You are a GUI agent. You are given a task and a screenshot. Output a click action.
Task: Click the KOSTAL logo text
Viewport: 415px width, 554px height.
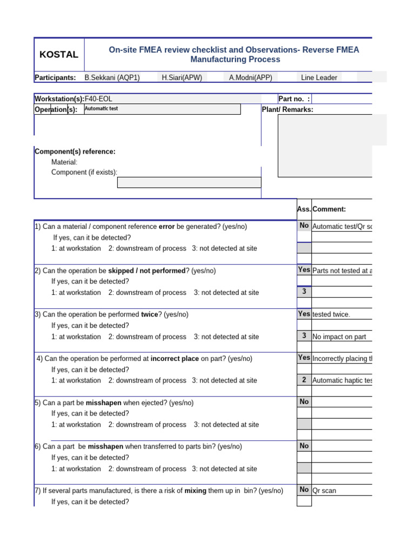[59, 55]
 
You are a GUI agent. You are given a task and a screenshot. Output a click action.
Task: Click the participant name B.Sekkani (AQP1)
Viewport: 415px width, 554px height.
[112, 77]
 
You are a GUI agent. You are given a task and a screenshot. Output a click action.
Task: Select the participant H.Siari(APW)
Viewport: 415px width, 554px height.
[182, 77]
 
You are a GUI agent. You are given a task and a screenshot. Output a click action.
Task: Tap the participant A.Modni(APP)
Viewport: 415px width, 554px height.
[250, 77]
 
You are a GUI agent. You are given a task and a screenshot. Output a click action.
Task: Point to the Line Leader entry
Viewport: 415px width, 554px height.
[319, 77]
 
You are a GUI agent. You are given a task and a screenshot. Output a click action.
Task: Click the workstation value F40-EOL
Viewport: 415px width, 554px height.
[99, 98]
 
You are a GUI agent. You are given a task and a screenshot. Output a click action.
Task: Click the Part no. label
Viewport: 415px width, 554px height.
[294, 98]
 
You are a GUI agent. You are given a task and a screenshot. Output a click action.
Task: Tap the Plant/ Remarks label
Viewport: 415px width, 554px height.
[287, 109]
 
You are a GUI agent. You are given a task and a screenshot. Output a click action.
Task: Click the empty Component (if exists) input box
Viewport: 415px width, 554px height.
[189, 182]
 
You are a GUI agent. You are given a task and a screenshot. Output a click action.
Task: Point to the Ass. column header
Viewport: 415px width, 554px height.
[304, 209]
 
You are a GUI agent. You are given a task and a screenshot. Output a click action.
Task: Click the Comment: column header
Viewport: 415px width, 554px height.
[329, 209]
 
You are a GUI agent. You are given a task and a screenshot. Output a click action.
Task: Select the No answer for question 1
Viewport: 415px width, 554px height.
[304, 226]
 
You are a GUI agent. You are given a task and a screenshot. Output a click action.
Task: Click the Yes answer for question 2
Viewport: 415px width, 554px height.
[304, 269]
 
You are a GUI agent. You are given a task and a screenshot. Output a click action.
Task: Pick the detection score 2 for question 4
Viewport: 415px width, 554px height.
[304, 380]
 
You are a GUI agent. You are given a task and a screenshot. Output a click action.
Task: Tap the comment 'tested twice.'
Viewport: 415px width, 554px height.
[331, 314]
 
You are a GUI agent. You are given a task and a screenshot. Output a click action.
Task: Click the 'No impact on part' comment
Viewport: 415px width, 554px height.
[339, 337]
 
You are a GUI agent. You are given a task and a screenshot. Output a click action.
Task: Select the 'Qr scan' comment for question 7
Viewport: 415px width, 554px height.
[324, 491]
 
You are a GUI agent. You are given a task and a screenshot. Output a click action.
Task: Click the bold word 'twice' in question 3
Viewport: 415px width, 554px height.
[150, 314]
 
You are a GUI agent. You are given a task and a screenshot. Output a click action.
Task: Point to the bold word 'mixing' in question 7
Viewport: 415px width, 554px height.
[196, 491]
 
